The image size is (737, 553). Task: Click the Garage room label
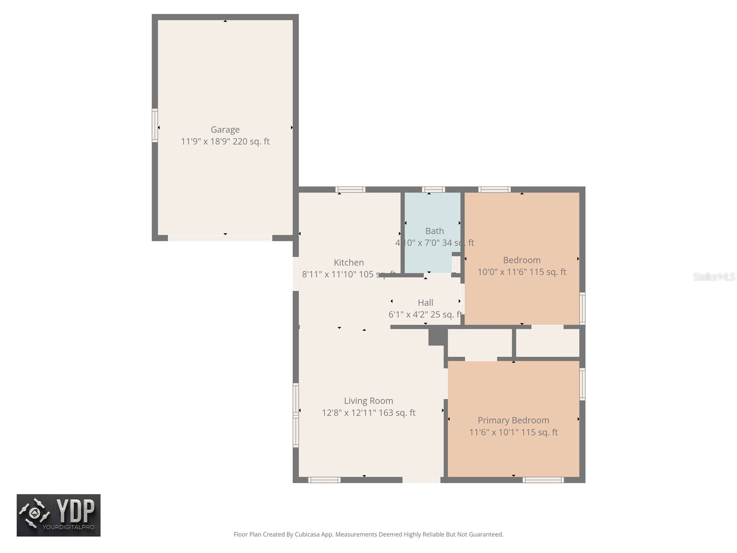click(225, 130)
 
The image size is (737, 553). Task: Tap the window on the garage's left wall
click(155, 125)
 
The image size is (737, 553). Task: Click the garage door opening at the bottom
click(220, 238)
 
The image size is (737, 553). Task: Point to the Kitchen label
click(349, 263)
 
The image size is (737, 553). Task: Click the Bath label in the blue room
click(434, 231)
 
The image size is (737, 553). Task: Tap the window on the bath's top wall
click(433, 189)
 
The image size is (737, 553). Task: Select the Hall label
click(425, 303)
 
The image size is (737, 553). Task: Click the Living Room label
click(368, 401)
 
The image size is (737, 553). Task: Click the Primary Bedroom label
click(513, 420)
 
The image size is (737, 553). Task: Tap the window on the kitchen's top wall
click(350, 189)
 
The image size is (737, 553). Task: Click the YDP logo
click(58, 515)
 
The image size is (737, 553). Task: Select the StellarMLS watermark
click(714, 276)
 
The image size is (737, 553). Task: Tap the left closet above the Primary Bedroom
click(480, 343)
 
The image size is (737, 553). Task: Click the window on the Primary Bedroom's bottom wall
click(543, 480)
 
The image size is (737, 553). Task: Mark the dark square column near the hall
click(437, 336)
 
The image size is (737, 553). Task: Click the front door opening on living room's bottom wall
click(421, 480)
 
